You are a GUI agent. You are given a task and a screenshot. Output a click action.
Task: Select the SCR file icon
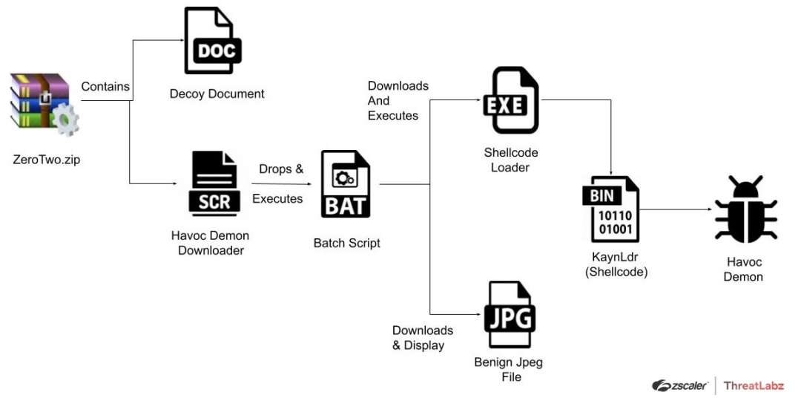click(214, 183)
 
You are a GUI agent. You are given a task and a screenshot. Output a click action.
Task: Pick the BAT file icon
click(345, 184)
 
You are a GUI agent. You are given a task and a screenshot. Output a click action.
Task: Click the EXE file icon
click(510, 101)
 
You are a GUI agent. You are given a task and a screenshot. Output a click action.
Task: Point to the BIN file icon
click(610, 209)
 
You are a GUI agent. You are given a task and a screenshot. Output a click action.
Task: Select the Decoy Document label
click(217, 94)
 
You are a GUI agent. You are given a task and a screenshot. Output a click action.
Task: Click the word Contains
click(105, 86)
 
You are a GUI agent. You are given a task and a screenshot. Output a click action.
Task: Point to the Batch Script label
click(347, 243)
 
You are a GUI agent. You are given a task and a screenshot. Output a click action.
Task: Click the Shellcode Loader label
click(510, 160)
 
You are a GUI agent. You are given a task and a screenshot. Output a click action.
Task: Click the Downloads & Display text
click(422, 338)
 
